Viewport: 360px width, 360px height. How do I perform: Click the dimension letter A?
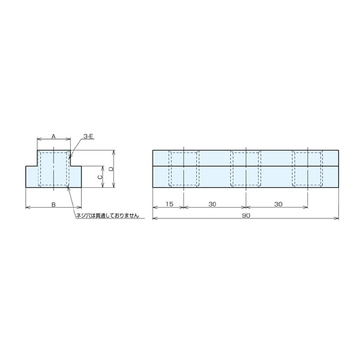[x=53, y=136]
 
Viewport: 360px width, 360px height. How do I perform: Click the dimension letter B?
[x=53, y=205]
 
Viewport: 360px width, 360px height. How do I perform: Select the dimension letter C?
[x=100, y=177]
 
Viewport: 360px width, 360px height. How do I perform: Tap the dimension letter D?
[x=111, y=169]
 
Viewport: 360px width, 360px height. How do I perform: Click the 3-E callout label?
[x=88, y=137]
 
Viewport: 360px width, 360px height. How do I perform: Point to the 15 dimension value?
[x=169, y=204]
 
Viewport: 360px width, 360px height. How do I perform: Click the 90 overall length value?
[x=246, y=215]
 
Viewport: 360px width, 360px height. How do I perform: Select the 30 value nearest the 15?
[x=212, y=204]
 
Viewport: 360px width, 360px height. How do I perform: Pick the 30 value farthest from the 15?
[x=278, y=204]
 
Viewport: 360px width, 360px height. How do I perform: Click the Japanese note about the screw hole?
[x=107, y=215]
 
